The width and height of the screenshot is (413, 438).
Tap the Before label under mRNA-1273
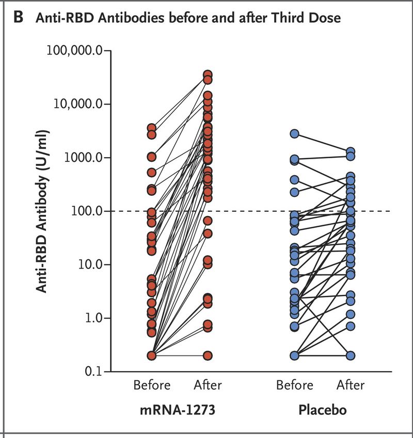click(x=151, y=385)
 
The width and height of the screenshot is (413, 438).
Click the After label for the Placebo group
click(x=351, y=385)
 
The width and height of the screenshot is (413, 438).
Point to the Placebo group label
click(x=322, y=411)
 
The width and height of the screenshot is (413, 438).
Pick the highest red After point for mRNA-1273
click(x=208, y=75)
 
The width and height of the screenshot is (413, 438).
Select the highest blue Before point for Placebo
click(x=294, y=133)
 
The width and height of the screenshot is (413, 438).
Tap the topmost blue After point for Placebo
click(x=351, y=151)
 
